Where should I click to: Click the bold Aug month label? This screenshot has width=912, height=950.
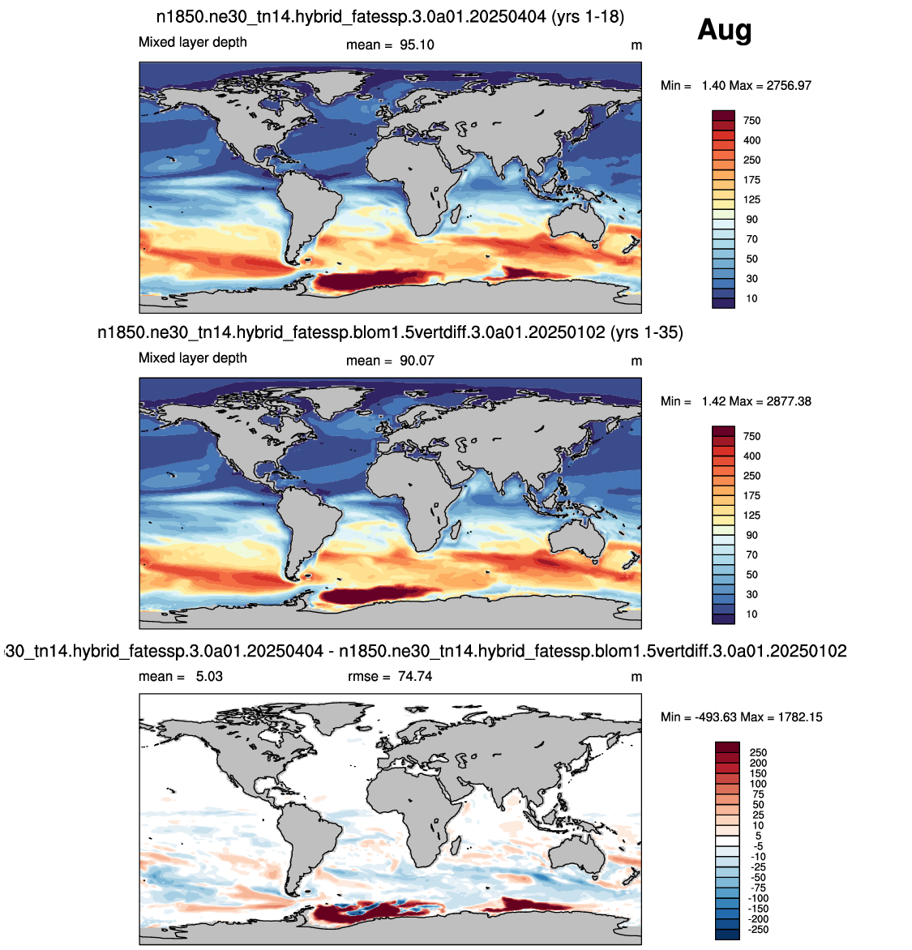(x=724, y=30)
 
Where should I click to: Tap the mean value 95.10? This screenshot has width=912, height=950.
(x=417, y=45)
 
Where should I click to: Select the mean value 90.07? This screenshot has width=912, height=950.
(x=417, y=361)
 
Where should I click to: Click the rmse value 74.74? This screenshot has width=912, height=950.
(x=415, y=676)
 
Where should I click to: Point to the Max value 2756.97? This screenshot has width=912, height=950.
(x=789, y=85)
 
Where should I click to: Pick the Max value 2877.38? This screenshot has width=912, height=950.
(x=789, y=401)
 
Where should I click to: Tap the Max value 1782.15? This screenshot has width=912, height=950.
(x=800, y=717)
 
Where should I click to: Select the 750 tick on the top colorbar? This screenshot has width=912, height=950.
(x=752, y=121)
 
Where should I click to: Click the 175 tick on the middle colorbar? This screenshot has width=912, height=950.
(x=752, y=495)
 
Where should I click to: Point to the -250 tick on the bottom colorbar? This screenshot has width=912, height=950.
(x=758, y=930)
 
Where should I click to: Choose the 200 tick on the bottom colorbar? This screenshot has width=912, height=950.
(x=758, y=763)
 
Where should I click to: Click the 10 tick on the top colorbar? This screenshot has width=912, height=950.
(x=752, y=298)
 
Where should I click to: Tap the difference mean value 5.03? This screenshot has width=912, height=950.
(x=209, y=676)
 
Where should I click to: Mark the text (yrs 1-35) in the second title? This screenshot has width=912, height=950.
(x=647, y=332)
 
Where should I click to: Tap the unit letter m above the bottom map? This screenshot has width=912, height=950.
(x=636, y=677)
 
